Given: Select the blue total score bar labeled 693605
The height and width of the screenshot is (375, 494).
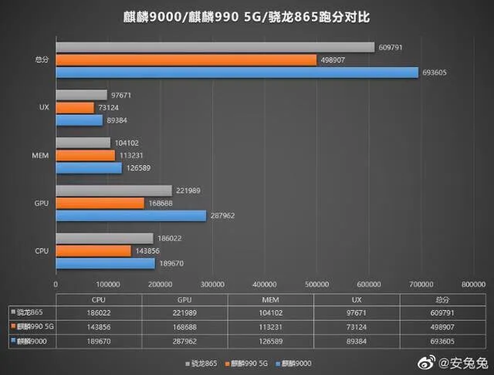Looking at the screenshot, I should (238, 73).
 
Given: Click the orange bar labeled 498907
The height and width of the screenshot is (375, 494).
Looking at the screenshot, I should (185, 59).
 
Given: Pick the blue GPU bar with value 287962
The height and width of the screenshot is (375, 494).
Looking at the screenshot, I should (130, 216).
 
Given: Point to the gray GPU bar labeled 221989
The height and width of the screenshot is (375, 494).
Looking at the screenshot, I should (113, 191).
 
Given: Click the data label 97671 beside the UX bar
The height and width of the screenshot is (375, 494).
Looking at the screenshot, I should (123, 94).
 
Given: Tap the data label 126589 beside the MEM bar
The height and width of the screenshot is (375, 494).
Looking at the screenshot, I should (138, 167).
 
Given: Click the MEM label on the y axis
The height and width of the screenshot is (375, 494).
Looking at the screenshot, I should (41, 155).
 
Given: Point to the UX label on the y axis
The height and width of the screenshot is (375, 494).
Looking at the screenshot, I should (44, 107).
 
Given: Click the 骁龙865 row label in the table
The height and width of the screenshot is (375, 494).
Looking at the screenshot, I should (31, 313).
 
